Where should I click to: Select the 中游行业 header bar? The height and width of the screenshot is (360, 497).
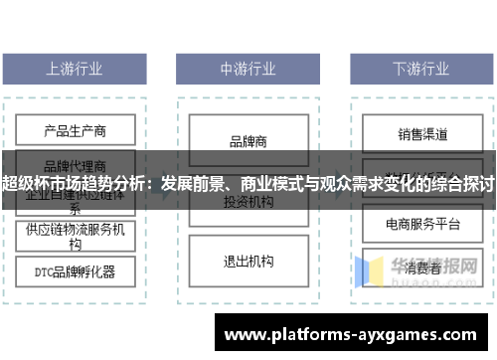[x=248, y=69]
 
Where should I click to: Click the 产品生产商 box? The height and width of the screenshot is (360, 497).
[x=76, y=130]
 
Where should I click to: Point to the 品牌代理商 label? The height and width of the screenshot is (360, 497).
[x=76, y=165]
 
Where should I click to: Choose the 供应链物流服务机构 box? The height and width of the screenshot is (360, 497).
[x=76, y=236]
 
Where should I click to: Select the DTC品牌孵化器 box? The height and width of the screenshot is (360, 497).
[x=76, y=270]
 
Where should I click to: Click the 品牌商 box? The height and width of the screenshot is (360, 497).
[x=248, y=141]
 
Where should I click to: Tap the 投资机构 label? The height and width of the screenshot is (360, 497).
[x=248, y=202]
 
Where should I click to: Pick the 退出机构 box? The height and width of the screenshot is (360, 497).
[x=248, y=262]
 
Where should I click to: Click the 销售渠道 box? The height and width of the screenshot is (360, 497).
[x=421, y=133]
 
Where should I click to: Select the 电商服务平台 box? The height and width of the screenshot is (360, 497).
[x=421, y=224]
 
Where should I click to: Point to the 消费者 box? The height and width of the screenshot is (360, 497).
[x=421, y=268]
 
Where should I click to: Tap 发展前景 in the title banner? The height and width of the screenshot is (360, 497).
[x=191, y=185]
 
